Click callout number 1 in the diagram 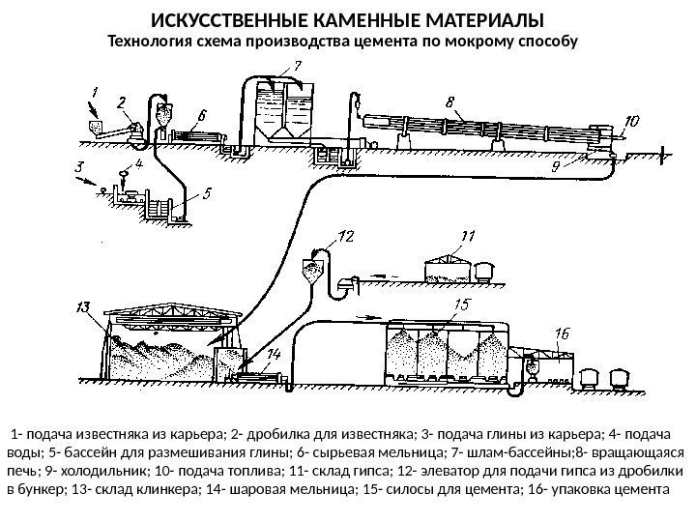[94, 92]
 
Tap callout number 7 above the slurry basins [297, 66]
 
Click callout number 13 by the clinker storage [85, 308]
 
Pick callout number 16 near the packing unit [564, 333]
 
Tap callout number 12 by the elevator [346, 236]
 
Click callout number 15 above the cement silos [463, 305]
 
